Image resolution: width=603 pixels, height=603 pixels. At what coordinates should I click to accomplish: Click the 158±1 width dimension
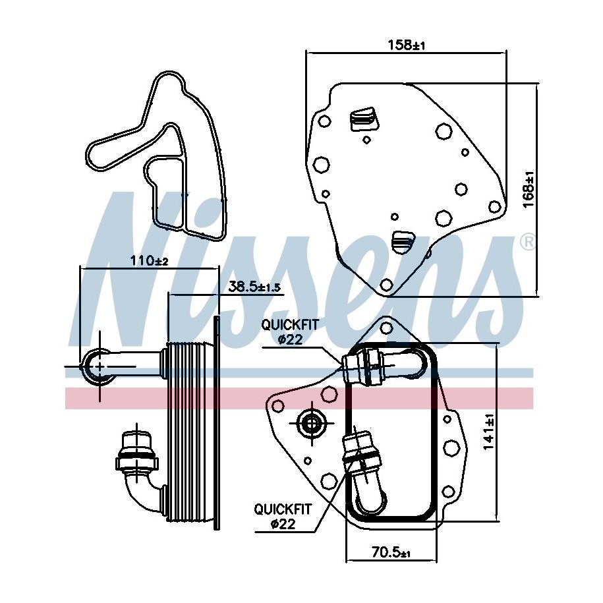point(406,45)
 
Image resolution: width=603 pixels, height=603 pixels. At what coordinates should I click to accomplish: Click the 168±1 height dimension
point(530,190)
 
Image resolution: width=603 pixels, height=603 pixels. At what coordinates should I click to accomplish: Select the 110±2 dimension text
point(149,261)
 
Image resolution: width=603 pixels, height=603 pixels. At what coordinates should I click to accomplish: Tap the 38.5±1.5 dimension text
point(254,287)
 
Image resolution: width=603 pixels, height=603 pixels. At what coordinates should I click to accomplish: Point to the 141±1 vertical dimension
point(488,432)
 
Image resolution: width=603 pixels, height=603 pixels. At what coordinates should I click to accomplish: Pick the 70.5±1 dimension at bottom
point(391,553)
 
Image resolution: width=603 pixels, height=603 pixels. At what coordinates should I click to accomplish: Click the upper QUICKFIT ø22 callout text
point(290,331)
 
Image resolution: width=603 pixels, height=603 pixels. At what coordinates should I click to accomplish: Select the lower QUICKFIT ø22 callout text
point(283,516)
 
